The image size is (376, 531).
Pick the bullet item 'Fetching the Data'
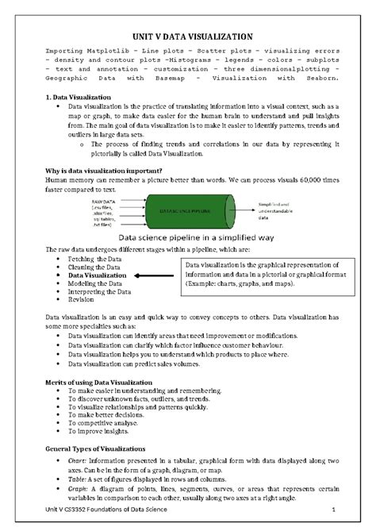[x=94, y=259]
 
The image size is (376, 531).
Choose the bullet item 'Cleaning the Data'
[x=94, y=267]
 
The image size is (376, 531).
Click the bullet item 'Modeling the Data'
[x=94, y=283]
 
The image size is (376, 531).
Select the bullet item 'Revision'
[x=81, y=300]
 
